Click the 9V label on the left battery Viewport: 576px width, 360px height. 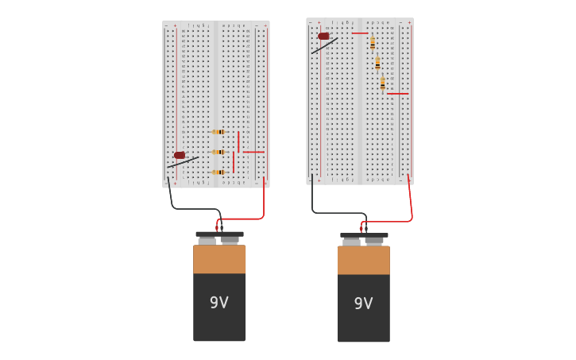point(218,303)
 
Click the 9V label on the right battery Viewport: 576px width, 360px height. point(363,304)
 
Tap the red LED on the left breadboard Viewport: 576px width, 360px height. point(180,155)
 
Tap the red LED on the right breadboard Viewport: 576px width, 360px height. point(323,36)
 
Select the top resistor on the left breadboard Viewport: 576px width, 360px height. point(218,132)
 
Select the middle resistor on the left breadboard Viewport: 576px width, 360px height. point(218,152)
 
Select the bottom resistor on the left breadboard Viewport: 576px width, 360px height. point(218,172)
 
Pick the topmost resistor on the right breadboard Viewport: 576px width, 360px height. point(372,43)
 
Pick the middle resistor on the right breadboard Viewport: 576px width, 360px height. point(377,63)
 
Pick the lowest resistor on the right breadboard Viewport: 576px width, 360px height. point(382,83)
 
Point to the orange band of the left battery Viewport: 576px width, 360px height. point(219,259)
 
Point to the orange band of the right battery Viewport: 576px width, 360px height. point(363,260)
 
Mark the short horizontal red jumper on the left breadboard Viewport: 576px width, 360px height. point(253,152)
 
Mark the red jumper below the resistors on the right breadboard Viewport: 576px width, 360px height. point(397,94)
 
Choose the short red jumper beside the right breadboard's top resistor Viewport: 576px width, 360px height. point(359,33)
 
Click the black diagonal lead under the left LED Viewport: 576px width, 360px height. point(184,162)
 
